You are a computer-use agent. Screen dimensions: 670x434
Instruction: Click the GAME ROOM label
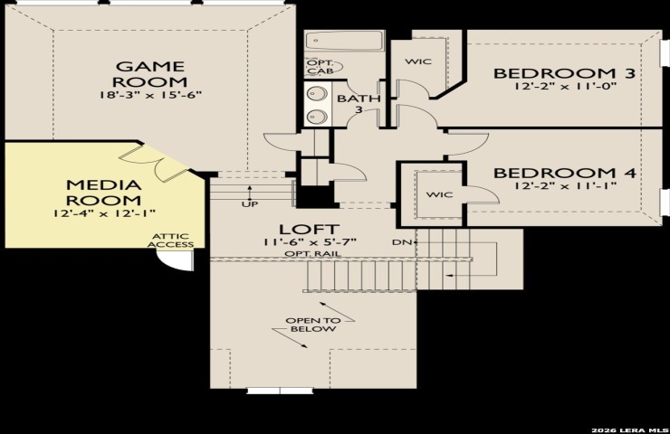[151, 74]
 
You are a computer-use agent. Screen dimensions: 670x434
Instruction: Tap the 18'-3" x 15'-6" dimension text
[150, 95]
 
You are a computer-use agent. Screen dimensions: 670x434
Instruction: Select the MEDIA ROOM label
[104, 193]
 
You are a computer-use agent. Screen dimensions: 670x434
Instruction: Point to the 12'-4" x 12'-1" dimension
[104, 213]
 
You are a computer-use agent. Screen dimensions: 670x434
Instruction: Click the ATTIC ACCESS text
[170, 241]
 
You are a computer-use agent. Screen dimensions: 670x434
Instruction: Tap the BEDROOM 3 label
[564, 73]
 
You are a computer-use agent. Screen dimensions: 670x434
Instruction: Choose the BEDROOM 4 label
[564, 173]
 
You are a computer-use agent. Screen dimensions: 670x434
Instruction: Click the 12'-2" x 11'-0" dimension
[565, 86]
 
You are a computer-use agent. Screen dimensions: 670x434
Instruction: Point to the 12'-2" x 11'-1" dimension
[565, 185]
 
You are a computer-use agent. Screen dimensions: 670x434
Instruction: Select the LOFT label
[310, 229]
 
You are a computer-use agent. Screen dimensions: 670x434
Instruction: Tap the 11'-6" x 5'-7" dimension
[310, 242]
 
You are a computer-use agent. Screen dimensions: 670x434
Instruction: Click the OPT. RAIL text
[313, 253]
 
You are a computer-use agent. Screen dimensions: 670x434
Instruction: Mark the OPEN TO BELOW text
[313, 325]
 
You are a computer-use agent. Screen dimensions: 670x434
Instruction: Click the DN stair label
[402, 242]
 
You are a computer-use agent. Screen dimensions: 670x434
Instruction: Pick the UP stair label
[250, 204]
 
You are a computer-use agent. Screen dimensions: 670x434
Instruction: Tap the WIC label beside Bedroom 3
[418, 61]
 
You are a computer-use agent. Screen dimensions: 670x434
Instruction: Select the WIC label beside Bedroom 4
[440, 194]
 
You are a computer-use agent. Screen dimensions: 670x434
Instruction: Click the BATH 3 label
[359, 104]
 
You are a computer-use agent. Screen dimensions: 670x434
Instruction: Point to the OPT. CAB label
[321, 67]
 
